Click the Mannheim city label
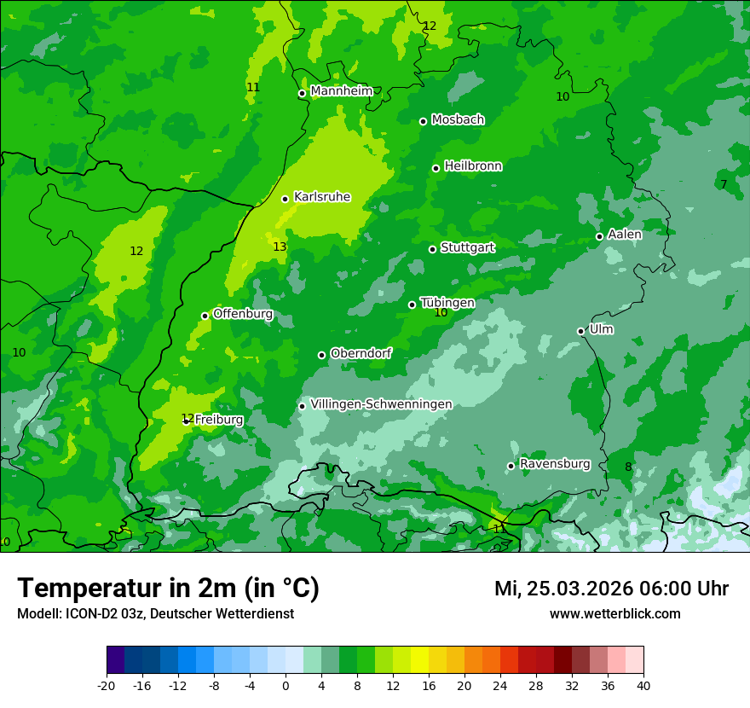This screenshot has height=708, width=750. point(342,91)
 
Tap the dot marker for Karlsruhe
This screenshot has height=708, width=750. point(285,199)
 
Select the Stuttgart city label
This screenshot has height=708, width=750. point(467,247)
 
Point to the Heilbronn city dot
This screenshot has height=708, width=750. point(436,168)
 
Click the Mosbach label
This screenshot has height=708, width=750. point(458,120)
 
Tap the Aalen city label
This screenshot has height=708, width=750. point(625,235)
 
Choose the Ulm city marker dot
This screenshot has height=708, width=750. point(580,331)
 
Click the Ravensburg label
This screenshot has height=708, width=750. point(555,464)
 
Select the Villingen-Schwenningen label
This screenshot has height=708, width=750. point(381,404)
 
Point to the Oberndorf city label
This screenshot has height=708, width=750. point(361,353)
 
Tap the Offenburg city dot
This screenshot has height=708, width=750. point(205,316)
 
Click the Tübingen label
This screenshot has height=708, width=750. point(447,303)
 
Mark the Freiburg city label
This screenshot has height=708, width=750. point(219,420)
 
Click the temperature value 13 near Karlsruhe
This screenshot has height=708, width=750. point(280,247)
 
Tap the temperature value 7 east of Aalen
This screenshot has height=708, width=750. point(723,184)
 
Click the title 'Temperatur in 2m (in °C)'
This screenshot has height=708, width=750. point(168,588)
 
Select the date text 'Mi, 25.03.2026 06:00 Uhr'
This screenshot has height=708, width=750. point(611,589)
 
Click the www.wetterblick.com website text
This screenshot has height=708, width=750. point(614,614)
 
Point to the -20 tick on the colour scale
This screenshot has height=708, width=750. point(107,685)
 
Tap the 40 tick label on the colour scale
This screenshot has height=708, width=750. point(643,685)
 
